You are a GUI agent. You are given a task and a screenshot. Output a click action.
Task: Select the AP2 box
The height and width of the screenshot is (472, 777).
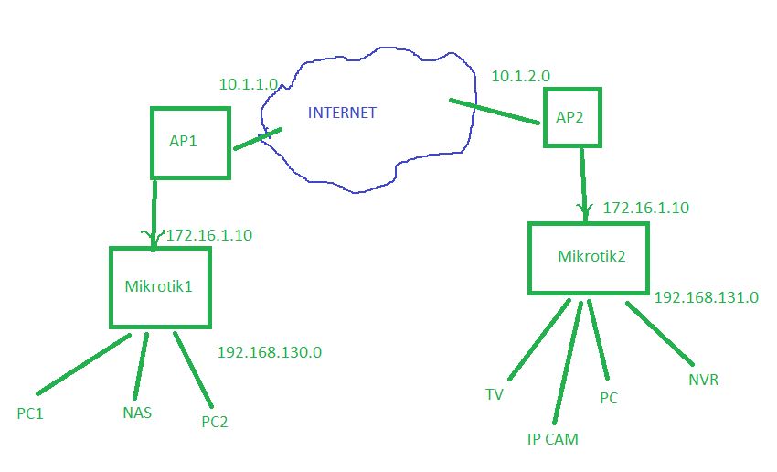click(573, 117)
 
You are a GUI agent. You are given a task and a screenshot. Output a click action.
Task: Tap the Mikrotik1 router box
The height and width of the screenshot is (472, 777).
click(160, 286)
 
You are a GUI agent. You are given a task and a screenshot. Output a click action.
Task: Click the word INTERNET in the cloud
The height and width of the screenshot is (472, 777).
click(342, 113)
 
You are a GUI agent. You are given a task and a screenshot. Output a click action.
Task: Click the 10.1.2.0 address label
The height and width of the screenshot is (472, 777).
click(520, 76)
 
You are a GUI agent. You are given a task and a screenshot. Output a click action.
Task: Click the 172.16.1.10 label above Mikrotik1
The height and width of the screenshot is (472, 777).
click(208, 235)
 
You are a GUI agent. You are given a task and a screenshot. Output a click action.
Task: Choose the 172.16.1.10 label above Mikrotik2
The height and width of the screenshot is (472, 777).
click(645, 209)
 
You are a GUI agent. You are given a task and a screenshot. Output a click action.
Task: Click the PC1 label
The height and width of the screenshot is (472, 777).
click(30, 413)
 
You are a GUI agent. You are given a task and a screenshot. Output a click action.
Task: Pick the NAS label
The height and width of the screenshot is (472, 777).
click(137, 413)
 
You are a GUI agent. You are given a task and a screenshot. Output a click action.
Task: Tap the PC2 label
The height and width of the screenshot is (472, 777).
click(214, 422)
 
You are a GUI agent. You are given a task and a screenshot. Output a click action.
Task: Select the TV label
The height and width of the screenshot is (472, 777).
click(495, 394)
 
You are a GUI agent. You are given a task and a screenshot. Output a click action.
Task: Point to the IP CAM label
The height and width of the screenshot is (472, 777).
click(552, 439)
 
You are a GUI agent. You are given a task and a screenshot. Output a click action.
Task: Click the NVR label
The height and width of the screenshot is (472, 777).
click(703, 379)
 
